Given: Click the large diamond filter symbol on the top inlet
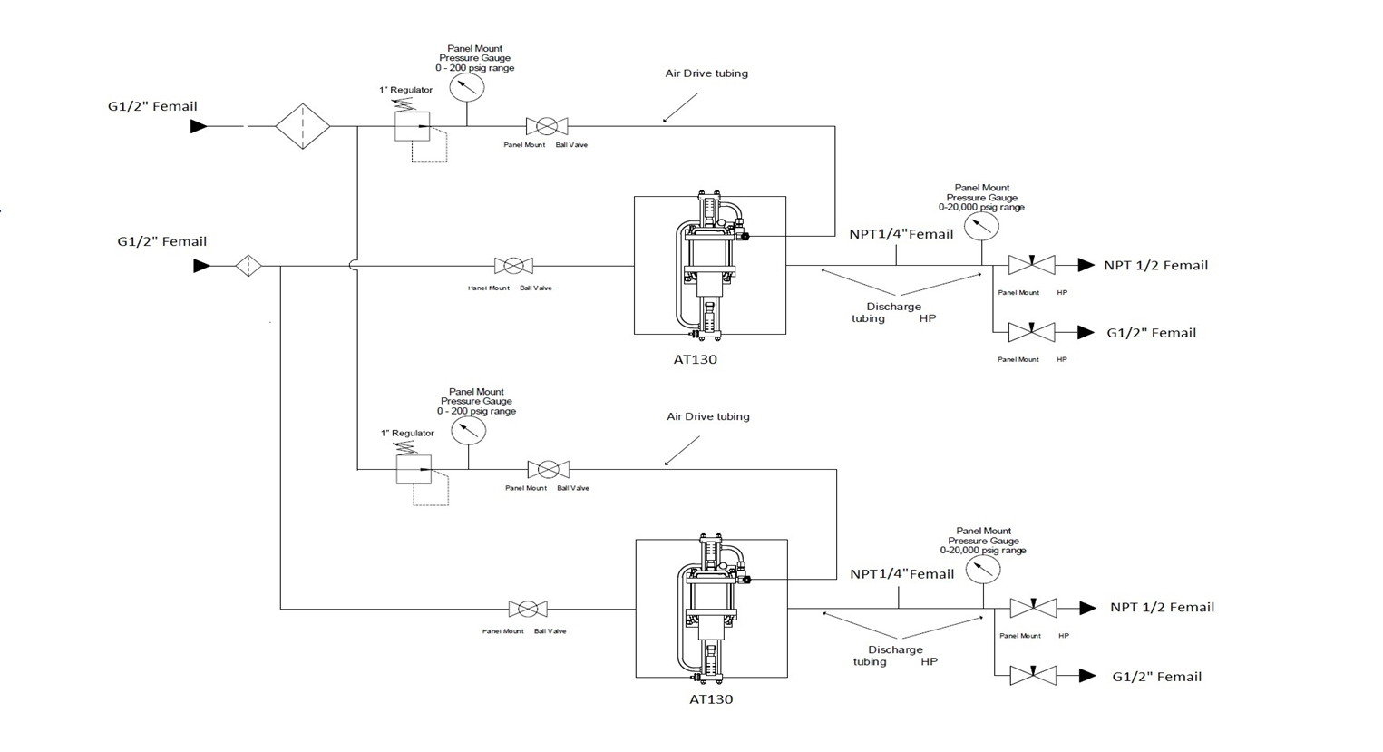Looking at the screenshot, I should [302, 126].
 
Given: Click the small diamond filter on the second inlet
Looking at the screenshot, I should [248, 266].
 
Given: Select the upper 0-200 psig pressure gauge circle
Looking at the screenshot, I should [467, 87].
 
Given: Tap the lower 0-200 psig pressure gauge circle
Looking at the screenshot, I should [468, 430].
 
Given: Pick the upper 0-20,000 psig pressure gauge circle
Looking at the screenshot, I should [981, 226].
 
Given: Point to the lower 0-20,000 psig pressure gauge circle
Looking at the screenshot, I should [983, 569].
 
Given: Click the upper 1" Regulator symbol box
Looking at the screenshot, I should [412, 126].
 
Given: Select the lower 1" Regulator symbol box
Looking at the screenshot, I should [414, 469].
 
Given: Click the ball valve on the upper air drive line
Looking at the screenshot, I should [547, 126].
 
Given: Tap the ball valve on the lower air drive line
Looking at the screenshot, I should [549, 469].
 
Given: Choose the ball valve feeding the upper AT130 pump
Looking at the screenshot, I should [513, 266].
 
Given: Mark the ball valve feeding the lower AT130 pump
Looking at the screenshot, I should [528, 609].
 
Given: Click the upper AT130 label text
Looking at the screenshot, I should [695, 359].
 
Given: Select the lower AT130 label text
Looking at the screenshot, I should [711, 699].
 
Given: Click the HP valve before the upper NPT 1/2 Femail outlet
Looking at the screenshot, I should [1031, 265].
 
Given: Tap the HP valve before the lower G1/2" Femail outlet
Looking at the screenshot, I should [1033, 676].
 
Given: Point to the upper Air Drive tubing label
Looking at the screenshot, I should [706, 73].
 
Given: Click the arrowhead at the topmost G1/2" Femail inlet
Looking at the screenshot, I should [199, 127].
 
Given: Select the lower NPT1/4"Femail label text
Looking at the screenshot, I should [901, 574].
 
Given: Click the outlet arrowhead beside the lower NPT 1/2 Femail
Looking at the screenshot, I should [1087, 608].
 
